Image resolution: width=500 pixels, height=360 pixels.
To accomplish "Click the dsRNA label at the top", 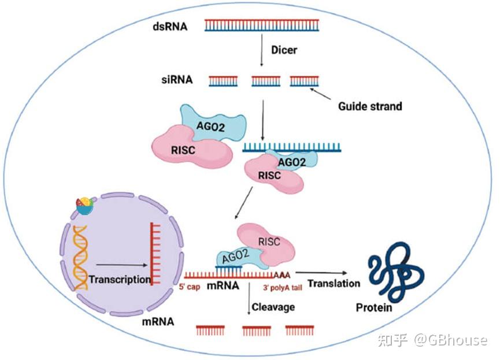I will [x=170, y=26].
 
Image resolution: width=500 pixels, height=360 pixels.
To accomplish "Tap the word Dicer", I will [x=284, y=50].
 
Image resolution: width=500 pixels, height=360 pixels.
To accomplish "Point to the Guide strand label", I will [x=370, y=106].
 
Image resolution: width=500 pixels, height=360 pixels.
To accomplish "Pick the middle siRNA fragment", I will [x=265, y=81].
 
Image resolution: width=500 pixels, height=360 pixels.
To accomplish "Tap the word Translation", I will [x=334, y=283].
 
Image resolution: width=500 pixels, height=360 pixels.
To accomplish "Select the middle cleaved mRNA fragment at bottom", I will [x=256, y=331].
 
